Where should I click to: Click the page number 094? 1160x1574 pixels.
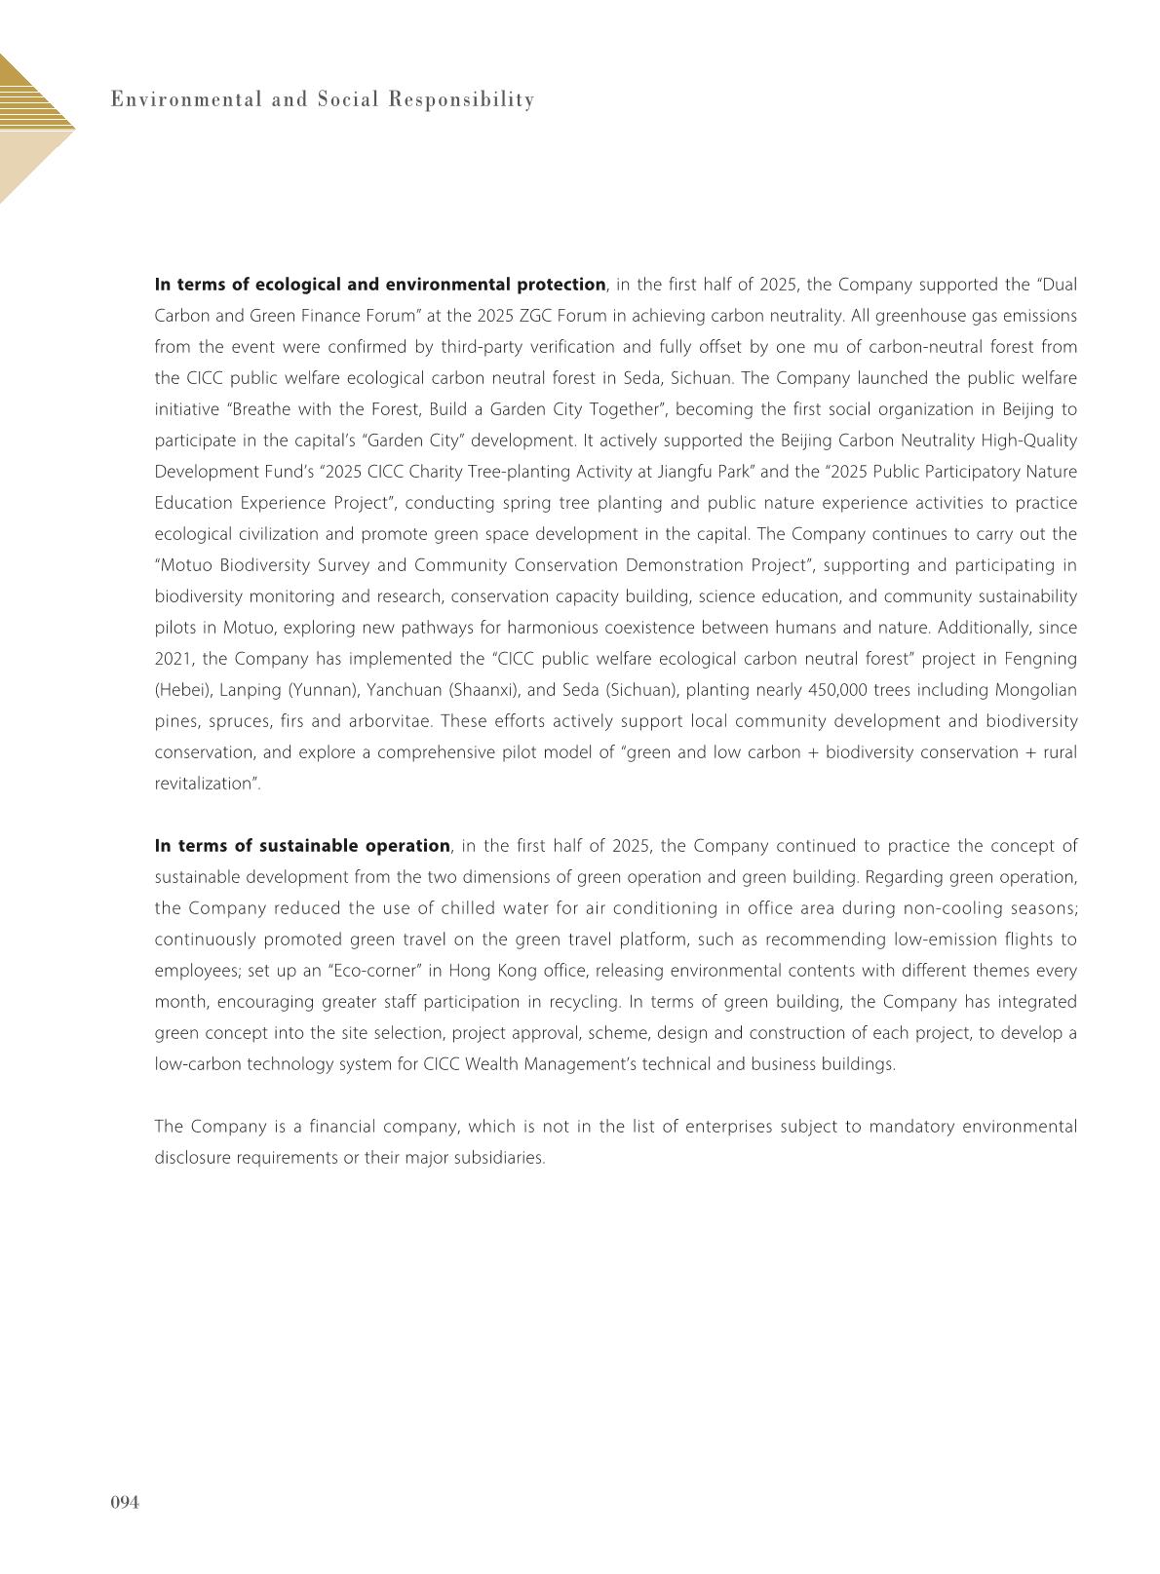tap(125, 1503)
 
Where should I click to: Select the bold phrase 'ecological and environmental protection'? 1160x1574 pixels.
tap(430, 285)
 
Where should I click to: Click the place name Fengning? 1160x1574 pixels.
tap(1043, 659)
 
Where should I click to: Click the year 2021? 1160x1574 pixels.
tap(174, 659)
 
